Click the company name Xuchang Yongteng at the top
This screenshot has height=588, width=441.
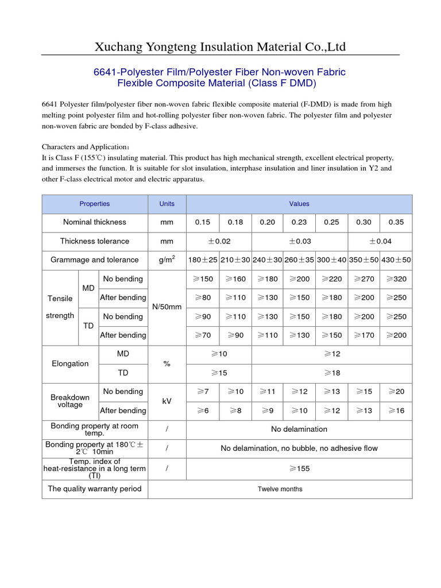(x=220, y=47)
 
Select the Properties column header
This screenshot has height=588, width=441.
(x=95, y=204)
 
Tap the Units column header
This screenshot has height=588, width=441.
(x=167, y=204)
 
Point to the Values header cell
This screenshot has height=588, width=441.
(x=299, y=204)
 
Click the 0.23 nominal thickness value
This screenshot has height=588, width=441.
(x=299, y=222)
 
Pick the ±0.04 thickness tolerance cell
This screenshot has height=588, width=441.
(x=380, y=241)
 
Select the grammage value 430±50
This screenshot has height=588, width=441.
(x=396, y=260)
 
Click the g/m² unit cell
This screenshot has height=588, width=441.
(x=167, y=260)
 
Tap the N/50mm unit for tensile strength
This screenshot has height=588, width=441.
(x=167, y=307)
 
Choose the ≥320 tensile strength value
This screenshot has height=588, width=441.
(x=396, y=279)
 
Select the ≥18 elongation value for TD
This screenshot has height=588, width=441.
(x=331, y=373)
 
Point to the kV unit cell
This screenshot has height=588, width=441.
(x=167, y=401)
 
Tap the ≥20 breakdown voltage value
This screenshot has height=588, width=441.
(x=396, y=392)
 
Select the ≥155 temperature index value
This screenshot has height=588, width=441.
(x=299, y=469)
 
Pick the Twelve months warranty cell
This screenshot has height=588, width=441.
(x=280, y=489)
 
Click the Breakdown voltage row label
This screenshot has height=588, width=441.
(x=70, y=401)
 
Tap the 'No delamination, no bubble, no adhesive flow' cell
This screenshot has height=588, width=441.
(x=299, y=448)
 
